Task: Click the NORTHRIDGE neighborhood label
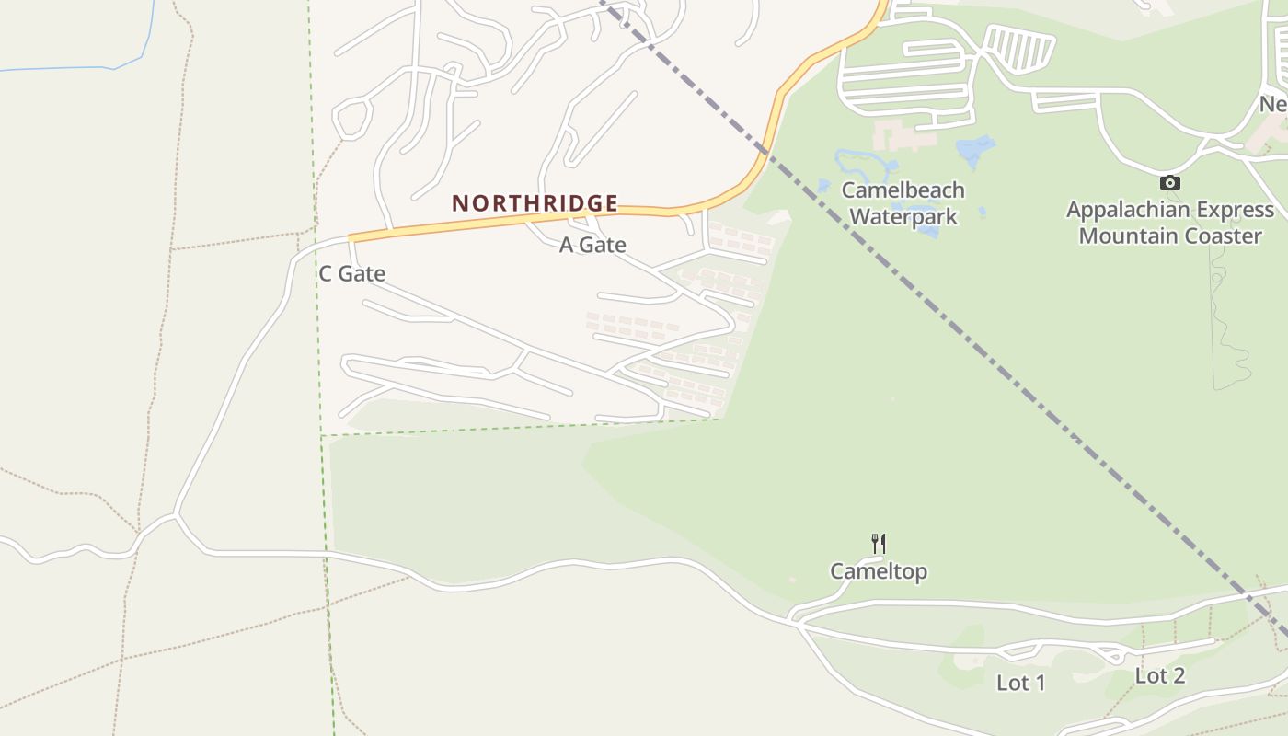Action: tap(535, 202)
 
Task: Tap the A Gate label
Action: tap(592, 245)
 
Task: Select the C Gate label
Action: tap(351, 273)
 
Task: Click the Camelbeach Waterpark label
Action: tap(903, 203)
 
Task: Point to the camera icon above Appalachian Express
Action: tap(1169, 182)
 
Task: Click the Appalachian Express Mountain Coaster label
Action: tap(1169, 223)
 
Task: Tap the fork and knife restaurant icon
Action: tap(879, 543)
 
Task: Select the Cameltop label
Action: tap(879, 571)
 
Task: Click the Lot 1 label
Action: tap(1020, 683)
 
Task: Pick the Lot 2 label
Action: tap(1159, 676)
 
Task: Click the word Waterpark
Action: tap(903, 217)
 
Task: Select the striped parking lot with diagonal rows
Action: tap(1019, 49)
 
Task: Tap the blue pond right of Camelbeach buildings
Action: tap(975, 148)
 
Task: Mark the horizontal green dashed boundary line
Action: tap(515, 427)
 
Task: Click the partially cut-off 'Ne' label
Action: tap(1273, 105)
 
